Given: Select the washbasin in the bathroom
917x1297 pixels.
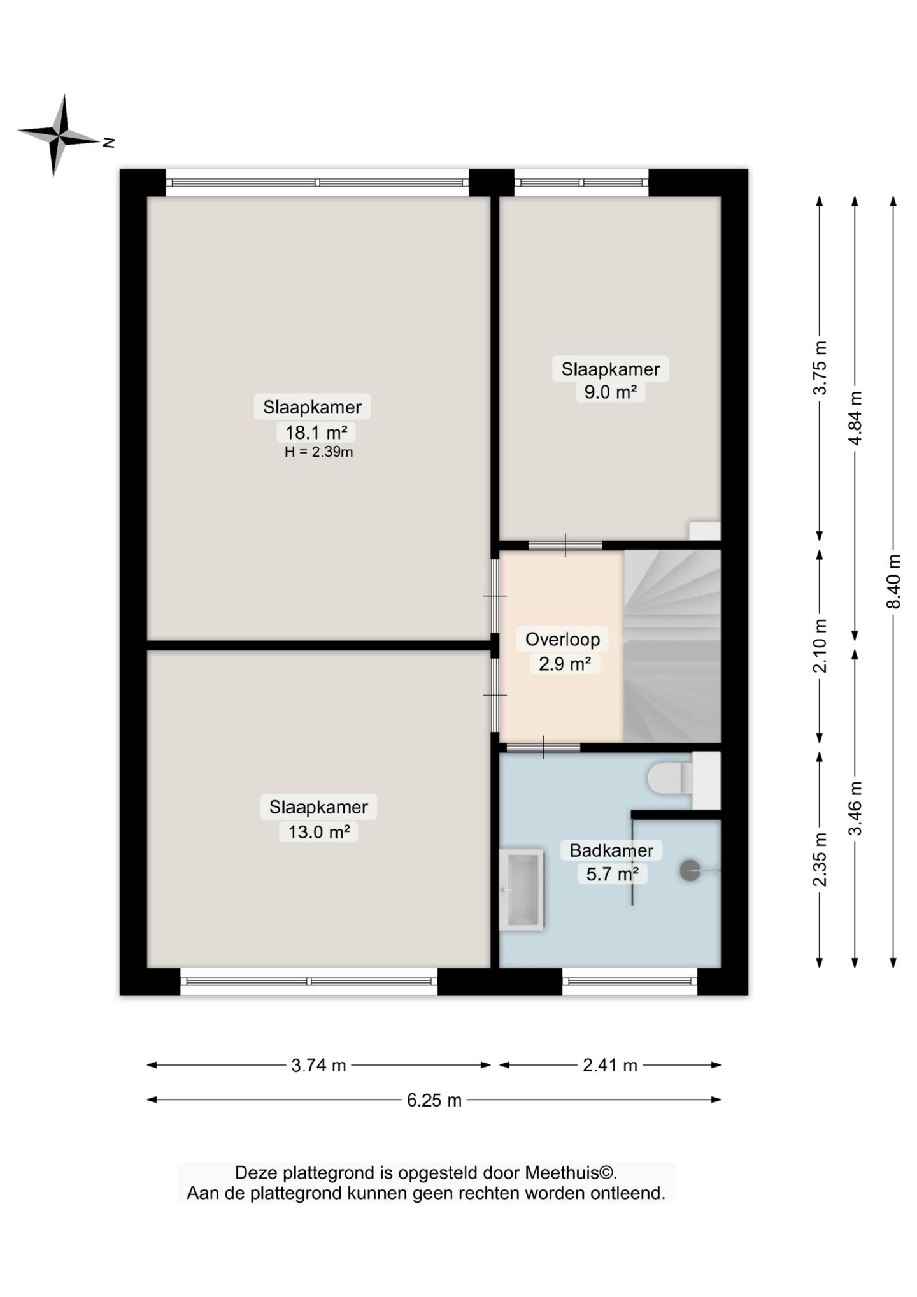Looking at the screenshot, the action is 522,889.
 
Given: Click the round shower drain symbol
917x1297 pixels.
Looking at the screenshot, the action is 690,870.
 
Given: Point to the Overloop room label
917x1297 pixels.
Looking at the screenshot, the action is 562,639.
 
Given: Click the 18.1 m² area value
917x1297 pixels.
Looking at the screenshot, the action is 316,433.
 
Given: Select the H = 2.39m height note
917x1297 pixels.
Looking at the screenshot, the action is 318,452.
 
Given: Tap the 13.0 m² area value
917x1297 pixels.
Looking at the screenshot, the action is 319,832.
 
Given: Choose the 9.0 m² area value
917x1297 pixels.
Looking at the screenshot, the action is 611,392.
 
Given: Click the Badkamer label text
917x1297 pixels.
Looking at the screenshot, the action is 611,850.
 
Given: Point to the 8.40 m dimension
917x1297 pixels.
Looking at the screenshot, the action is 893,581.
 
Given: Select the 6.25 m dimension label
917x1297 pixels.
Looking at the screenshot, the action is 434,1100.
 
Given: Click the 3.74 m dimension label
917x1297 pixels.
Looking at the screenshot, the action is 318,1065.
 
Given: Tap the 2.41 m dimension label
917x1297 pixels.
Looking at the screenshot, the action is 610,1065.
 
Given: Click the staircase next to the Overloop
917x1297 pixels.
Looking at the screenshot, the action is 672,646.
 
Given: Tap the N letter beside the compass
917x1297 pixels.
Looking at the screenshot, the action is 110,143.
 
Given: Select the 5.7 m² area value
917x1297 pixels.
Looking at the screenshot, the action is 612,873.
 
